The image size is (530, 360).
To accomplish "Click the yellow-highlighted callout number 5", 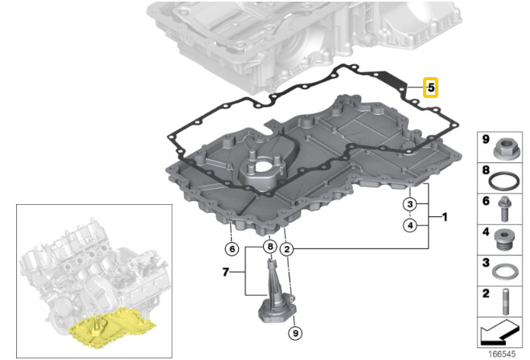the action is pos(430,88).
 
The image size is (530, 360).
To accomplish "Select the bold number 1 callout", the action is pos(445,217).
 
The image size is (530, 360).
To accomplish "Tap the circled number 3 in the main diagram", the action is pos(410,204).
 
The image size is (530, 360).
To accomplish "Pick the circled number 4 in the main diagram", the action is pos(410,225).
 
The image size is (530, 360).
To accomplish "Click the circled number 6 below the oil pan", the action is pos(232,249).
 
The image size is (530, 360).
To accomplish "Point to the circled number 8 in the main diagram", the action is pos(269,247).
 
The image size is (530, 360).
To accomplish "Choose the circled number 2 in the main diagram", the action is pos(287,249).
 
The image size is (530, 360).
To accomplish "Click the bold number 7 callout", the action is pos(226,272).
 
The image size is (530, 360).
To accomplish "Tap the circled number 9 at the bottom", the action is pos(295,333).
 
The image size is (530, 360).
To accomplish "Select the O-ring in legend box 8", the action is pos(503,181).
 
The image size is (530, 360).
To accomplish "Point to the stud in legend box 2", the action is pos(506,301).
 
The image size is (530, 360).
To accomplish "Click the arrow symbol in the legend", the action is pos(499,333).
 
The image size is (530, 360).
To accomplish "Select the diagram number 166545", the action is pos(502,354).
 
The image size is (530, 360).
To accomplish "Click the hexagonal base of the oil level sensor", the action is pos(277,313).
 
